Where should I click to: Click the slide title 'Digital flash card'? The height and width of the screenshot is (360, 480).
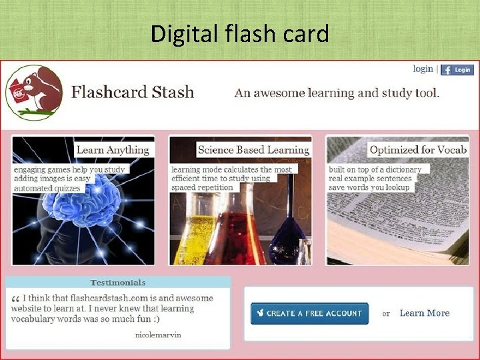(x=240, y=33)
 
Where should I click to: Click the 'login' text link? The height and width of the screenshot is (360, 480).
(x=423, y=69)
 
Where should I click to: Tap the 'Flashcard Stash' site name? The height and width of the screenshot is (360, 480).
(x=133, y=92)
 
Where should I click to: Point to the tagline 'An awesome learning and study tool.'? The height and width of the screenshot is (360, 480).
(x=337, y=93)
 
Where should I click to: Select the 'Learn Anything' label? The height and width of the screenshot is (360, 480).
(x=113, y=150)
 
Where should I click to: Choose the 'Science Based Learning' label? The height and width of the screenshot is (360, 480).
(x=254, y=150)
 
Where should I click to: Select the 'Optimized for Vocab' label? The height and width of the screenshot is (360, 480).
(x=418, y=150)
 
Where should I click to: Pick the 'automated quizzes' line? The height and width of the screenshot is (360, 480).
(x=47, y=188)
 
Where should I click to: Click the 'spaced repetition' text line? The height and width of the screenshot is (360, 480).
(x=203, y=187)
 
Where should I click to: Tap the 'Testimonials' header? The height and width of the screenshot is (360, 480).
(x=117, y=283)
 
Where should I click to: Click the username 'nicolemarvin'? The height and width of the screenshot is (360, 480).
(x=157, y=335)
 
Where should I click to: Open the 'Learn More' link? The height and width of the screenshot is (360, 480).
(x=425, y=313)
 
